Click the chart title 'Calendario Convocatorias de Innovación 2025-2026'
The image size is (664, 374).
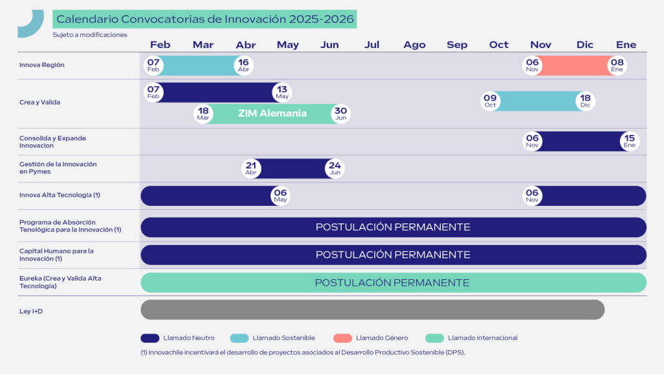(205, 19)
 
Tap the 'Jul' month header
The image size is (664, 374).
(372, 45)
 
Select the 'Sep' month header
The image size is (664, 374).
(457, 45)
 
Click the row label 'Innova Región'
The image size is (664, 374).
(42, 65)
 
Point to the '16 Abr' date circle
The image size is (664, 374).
(244, 66)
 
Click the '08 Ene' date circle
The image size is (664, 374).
(617, 66)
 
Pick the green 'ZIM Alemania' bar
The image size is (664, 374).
(272, 114)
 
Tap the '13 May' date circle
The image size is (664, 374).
(282, 92)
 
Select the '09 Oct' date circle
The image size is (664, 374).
(490, 101)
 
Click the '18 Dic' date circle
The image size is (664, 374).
(586, 101)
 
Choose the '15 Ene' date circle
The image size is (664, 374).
(630, 141)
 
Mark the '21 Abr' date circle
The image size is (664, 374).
(251, 168)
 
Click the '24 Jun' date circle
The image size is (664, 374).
(335, 168)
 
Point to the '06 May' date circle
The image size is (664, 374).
(280, 196)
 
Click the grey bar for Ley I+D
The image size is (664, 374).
(373, 310)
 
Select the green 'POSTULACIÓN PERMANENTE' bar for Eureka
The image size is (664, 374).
(394, 283)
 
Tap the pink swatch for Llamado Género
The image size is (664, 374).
(342, 338)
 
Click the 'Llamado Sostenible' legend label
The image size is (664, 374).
(284, 338)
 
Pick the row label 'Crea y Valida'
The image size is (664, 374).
(40, 102)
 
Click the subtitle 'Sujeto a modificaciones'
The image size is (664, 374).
(89, 35)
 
